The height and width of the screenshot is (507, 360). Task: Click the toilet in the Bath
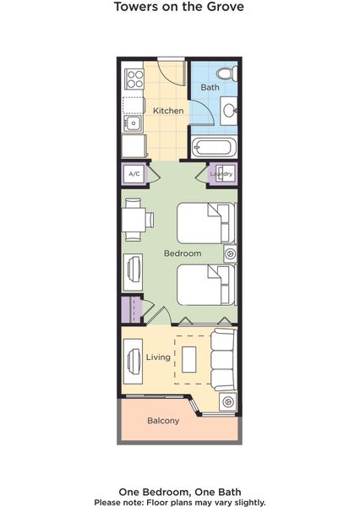point(227,74)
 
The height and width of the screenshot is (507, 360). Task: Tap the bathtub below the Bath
point(214,147)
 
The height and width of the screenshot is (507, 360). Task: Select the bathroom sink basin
point(229,111)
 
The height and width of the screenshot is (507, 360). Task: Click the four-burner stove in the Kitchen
point(135,79)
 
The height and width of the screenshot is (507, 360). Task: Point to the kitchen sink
point(133,123)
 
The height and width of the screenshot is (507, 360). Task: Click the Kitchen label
point(168,111)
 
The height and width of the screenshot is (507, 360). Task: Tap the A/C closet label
point(134,174)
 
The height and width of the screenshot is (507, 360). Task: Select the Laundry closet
point(222,174)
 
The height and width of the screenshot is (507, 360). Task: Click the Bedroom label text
point(183,253)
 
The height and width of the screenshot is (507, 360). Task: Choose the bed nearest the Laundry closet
point(206,223)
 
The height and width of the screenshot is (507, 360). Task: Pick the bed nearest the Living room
point(206,285)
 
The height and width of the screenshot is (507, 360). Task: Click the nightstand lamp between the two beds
point(231,253)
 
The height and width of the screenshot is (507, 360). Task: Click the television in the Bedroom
point(133,272)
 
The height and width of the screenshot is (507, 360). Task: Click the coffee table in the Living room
point(189,360)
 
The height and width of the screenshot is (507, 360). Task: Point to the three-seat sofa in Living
point(223,360)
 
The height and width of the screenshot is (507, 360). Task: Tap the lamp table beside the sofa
point(227,402)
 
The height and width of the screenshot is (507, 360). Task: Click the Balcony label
point(163,421)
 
